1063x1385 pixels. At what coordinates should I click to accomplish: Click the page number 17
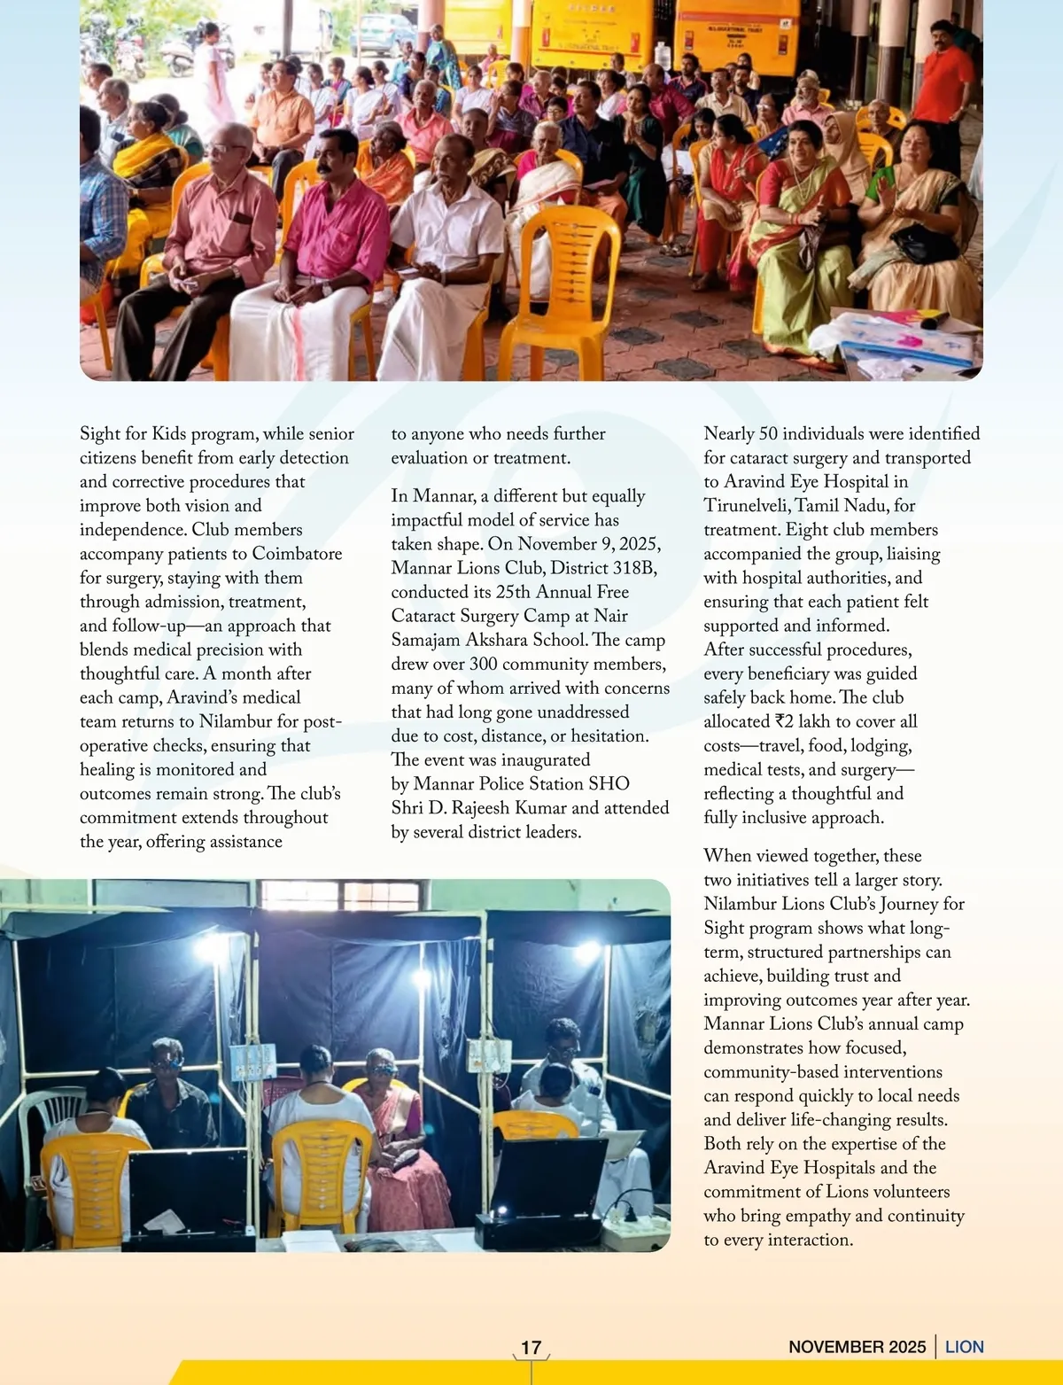(531, 1347)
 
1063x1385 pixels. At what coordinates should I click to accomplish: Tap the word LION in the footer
(965, 1347)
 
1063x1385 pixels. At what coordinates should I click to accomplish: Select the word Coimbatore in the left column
(297, 554)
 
